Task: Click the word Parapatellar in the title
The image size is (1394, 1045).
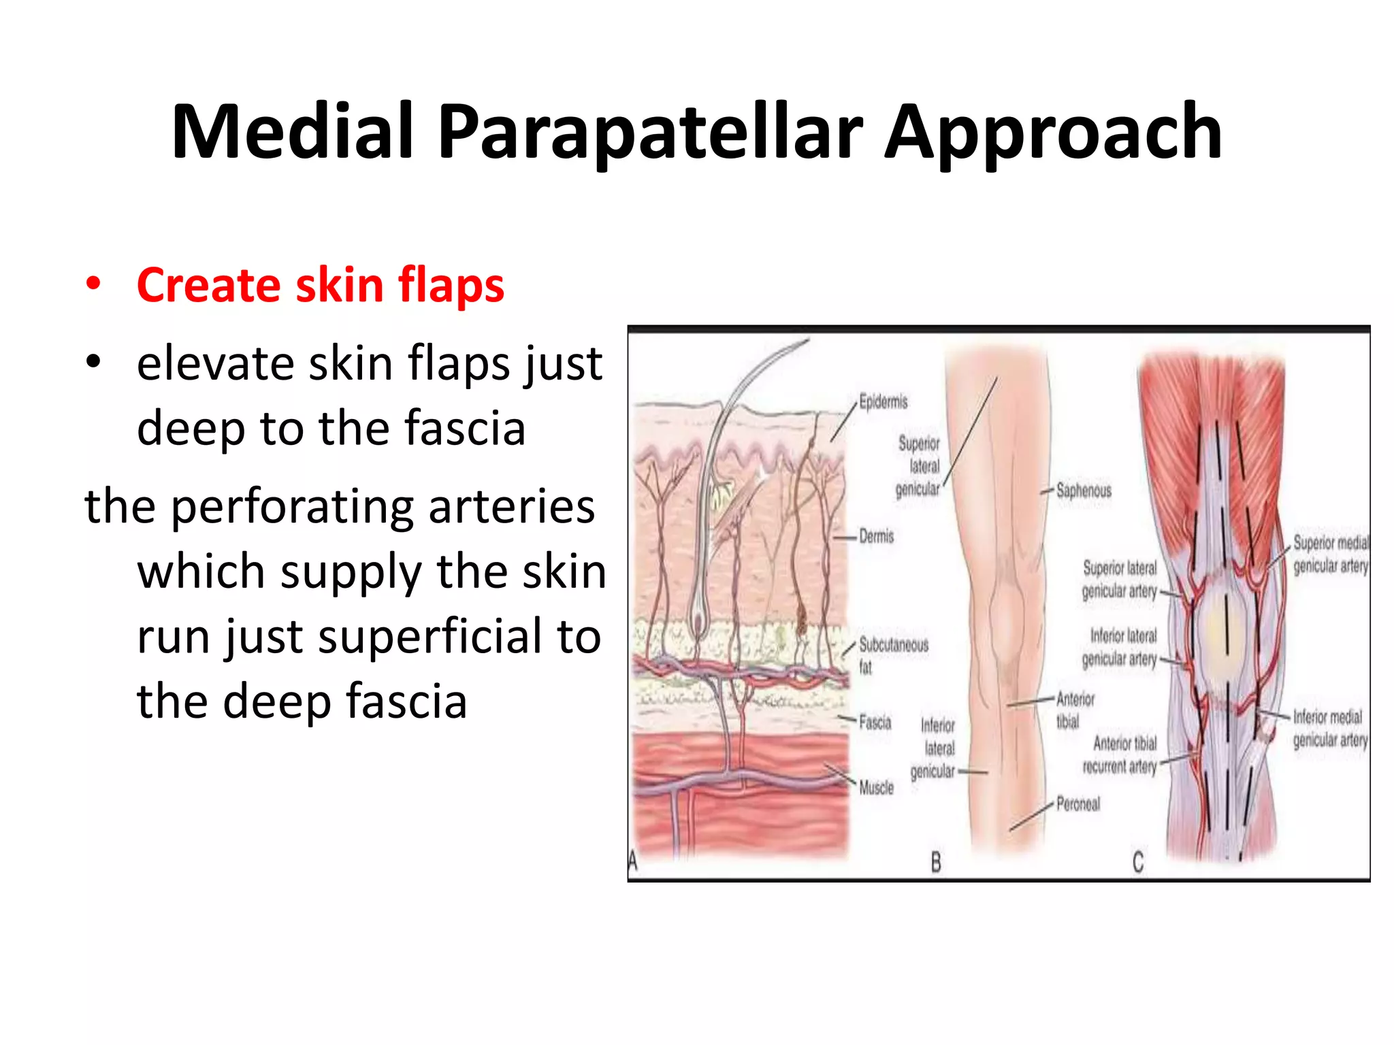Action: coord(650,133)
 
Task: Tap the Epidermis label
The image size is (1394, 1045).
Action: coord(883,401)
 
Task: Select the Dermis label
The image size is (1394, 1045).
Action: coord(876,537)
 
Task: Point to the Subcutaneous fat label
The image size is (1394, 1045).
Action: coord(892,654)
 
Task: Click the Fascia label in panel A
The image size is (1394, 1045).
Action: coord(875,722)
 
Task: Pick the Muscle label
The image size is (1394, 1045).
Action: coord(876,788)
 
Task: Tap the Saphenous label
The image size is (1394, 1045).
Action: coord(1084,490)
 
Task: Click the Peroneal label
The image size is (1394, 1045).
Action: coord(1077,804)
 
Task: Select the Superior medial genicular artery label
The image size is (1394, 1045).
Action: coord(1330,554)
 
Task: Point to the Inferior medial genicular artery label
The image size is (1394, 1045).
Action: coord(1329,728)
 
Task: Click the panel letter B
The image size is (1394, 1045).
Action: coord(936,863)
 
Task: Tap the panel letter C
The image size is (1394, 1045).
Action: coord(1138,862)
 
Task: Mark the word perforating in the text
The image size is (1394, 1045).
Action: coord(292,507)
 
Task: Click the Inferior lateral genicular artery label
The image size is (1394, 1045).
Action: coord(1120,647)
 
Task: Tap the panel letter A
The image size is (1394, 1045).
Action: coord(633,861)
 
